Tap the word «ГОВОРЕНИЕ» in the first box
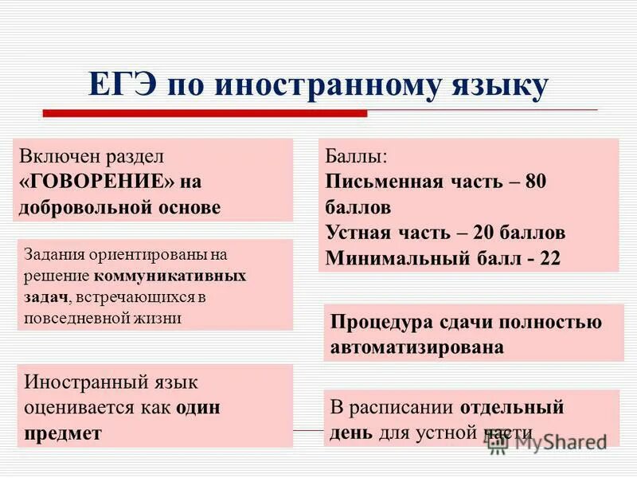(x=96, y=181)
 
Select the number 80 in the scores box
(x=535, y=181)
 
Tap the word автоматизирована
(x=416, y=347)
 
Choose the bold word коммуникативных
(x=170, y=276)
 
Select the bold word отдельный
(x=512, y=407)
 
